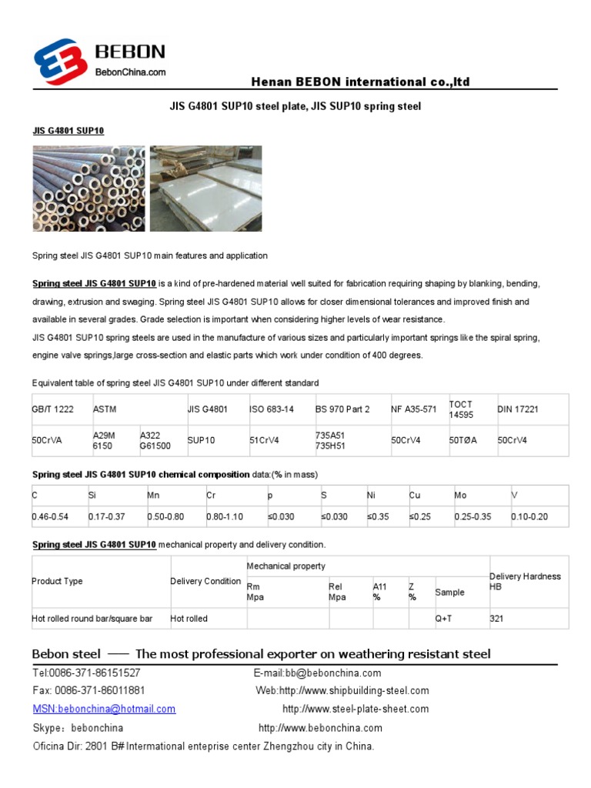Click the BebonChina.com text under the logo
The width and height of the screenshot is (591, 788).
point(130,72)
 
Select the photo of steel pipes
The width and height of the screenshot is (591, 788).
point(88,189)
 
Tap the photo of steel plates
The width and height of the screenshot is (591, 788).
point(205,189)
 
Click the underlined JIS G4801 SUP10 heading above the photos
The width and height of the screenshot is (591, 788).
point(68,131)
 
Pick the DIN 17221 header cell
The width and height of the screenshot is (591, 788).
point(518,409)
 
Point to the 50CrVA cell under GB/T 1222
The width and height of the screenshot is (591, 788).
point(48,440)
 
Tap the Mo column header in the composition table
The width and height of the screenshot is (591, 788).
point(460,496)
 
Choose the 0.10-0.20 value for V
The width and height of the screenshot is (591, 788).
point(529,516)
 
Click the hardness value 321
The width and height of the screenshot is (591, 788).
point(497,618)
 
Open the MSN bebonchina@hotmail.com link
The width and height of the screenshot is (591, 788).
point(104,709)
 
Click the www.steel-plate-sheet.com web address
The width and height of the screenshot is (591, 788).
point(356,709)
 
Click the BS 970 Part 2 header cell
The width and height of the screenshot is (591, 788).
point(342,409)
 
